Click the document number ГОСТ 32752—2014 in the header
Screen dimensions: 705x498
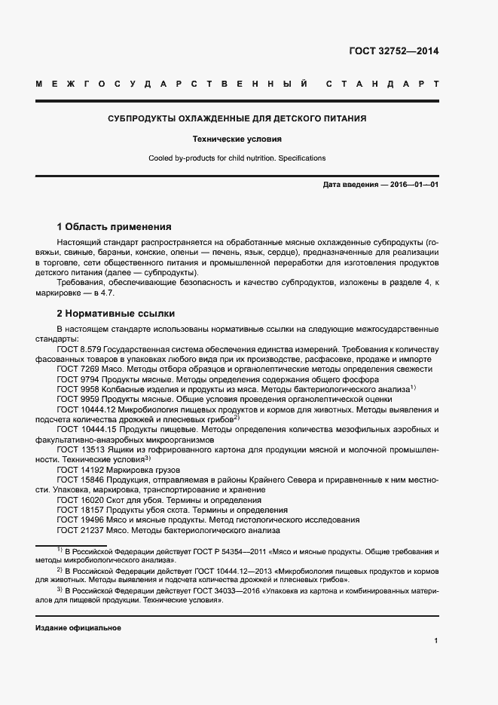pyautogui.click(x=393, y=51)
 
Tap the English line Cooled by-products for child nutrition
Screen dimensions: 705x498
pyautogui.click(x=237, y=158)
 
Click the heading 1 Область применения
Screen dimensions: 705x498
pyautogui.click(x=115, y=226)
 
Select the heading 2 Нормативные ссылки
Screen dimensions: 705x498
pyautogui.click(x=116, y=313)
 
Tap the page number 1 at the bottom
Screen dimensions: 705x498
pyautogui.click(x=435, y=640)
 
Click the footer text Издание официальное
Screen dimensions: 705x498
pyautogui.click(x=78, y=627)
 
